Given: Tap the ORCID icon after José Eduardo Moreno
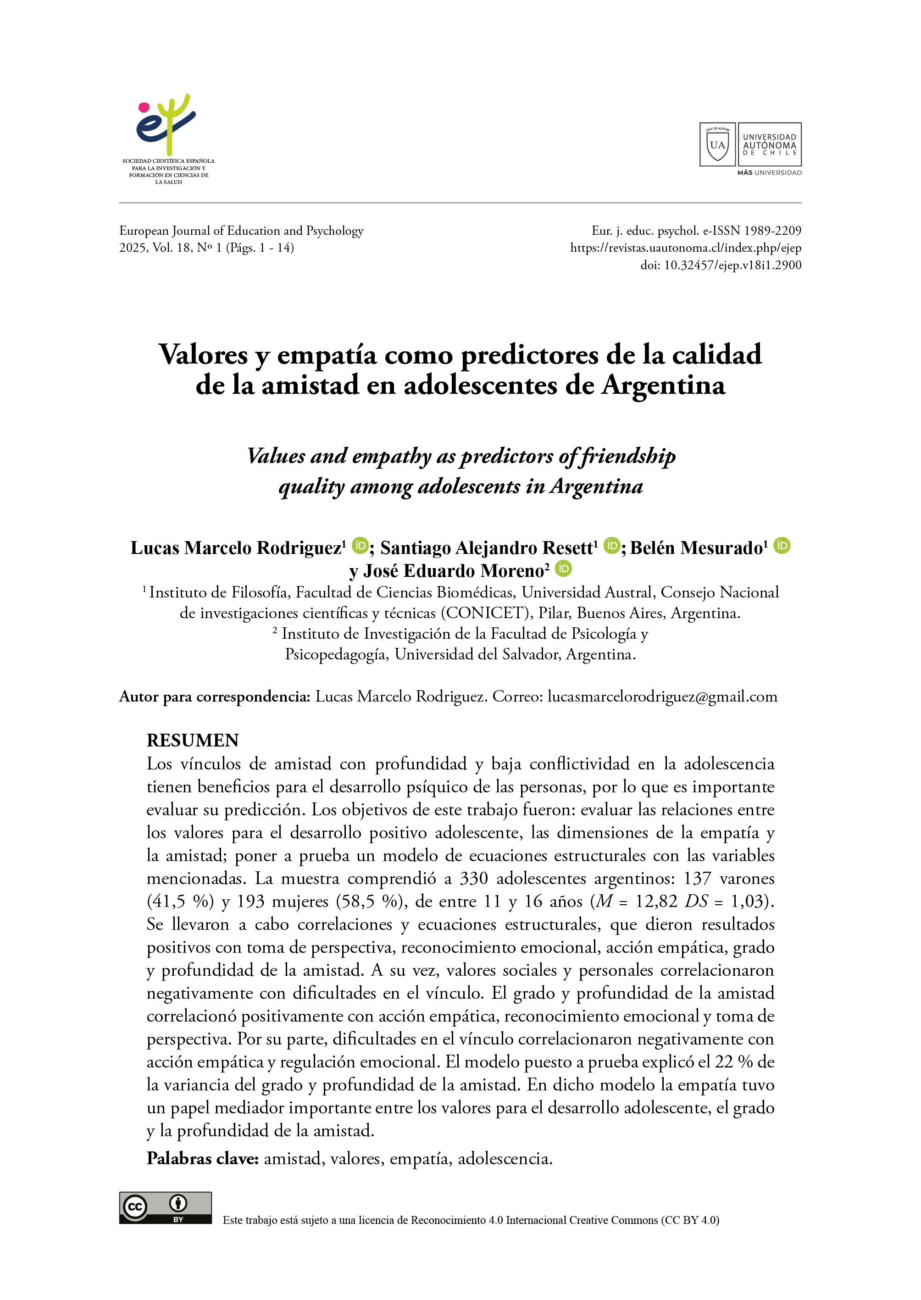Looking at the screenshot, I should pyautogui.click(x=563, y=568).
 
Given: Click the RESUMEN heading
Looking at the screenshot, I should pyautogui.click(x=193, y=741).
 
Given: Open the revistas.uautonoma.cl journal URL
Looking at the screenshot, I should pyautogui.click(x=686, y=248).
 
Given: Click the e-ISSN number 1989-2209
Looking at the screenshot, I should pyautogui.click(x=772, y=231).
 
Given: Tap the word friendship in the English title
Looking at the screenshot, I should pyautogui.click(x=628, y=456).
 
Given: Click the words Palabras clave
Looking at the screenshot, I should pyautogui.click(x=202, y=1158).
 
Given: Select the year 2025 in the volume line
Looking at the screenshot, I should pyautogui.click(x=133, y=248).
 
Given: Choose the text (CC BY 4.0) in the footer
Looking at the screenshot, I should pyautogui.click(x=690, y=1220).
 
